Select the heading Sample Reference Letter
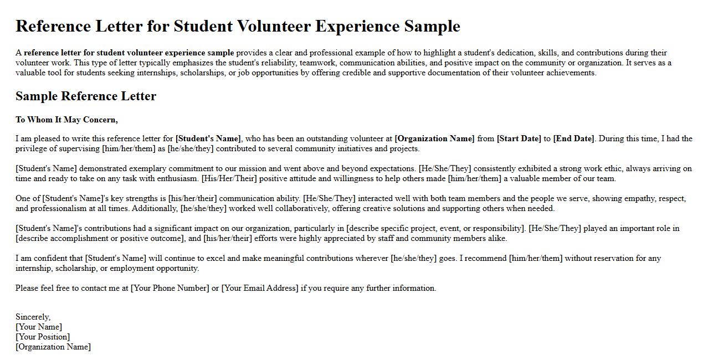pos(86,96)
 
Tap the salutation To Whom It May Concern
pos(66,120)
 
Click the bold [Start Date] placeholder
pos(519,138)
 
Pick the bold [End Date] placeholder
pos(573,138)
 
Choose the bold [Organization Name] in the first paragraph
pos(434,138)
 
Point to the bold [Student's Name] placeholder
pos(208,138)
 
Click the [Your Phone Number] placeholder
pos(170,288)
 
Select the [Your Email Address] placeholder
pos(260,288)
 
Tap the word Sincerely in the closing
pos(32,317)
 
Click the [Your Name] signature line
pos(39,327)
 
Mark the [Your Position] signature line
pos(43,337)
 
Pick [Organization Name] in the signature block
pos(53,347)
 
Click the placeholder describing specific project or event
pos(435,228)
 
